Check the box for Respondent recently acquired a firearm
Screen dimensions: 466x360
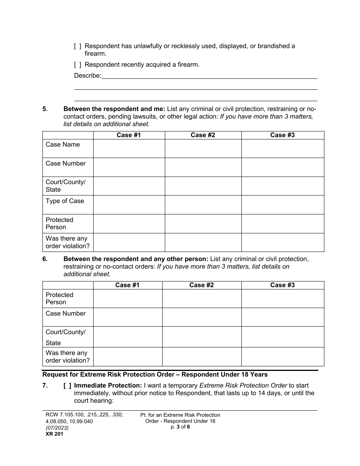[77, 65]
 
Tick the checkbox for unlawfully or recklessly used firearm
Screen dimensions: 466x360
[77, 46]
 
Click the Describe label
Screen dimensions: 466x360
[88, 76]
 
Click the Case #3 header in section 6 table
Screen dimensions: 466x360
[282, 285]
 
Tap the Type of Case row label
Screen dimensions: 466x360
[65, 201]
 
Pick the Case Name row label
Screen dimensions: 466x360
[63, 145]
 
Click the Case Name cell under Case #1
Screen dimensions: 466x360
[129, 149]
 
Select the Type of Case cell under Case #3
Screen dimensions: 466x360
[282, 205]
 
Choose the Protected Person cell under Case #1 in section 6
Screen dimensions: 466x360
[128, 299]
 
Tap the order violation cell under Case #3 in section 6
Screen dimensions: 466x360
[282, 357]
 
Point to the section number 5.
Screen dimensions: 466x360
[45, 109]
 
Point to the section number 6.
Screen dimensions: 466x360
[45, 259]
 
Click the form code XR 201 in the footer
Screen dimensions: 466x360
[53, 434]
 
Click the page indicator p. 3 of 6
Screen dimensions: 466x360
[180, 427]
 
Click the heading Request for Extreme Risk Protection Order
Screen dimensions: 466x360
[155, 375]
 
